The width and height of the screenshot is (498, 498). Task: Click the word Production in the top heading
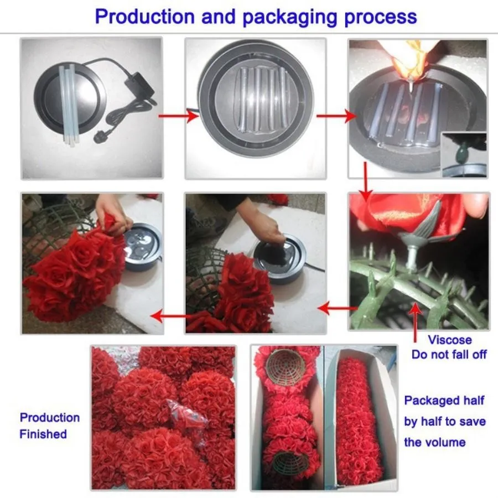click(145, 17)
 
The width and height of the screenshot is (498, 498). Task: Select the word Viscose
click(450, 340)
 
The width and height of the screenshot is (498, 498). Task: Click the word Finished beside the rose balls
click(43, 434)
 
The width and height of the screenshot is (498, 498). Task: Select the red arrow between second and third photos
click(336, 116)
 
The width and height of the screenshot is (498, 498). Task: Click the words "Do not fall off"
click(449, 355)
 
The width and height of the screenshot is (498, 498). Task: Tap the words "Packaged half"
click(444, 401)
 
